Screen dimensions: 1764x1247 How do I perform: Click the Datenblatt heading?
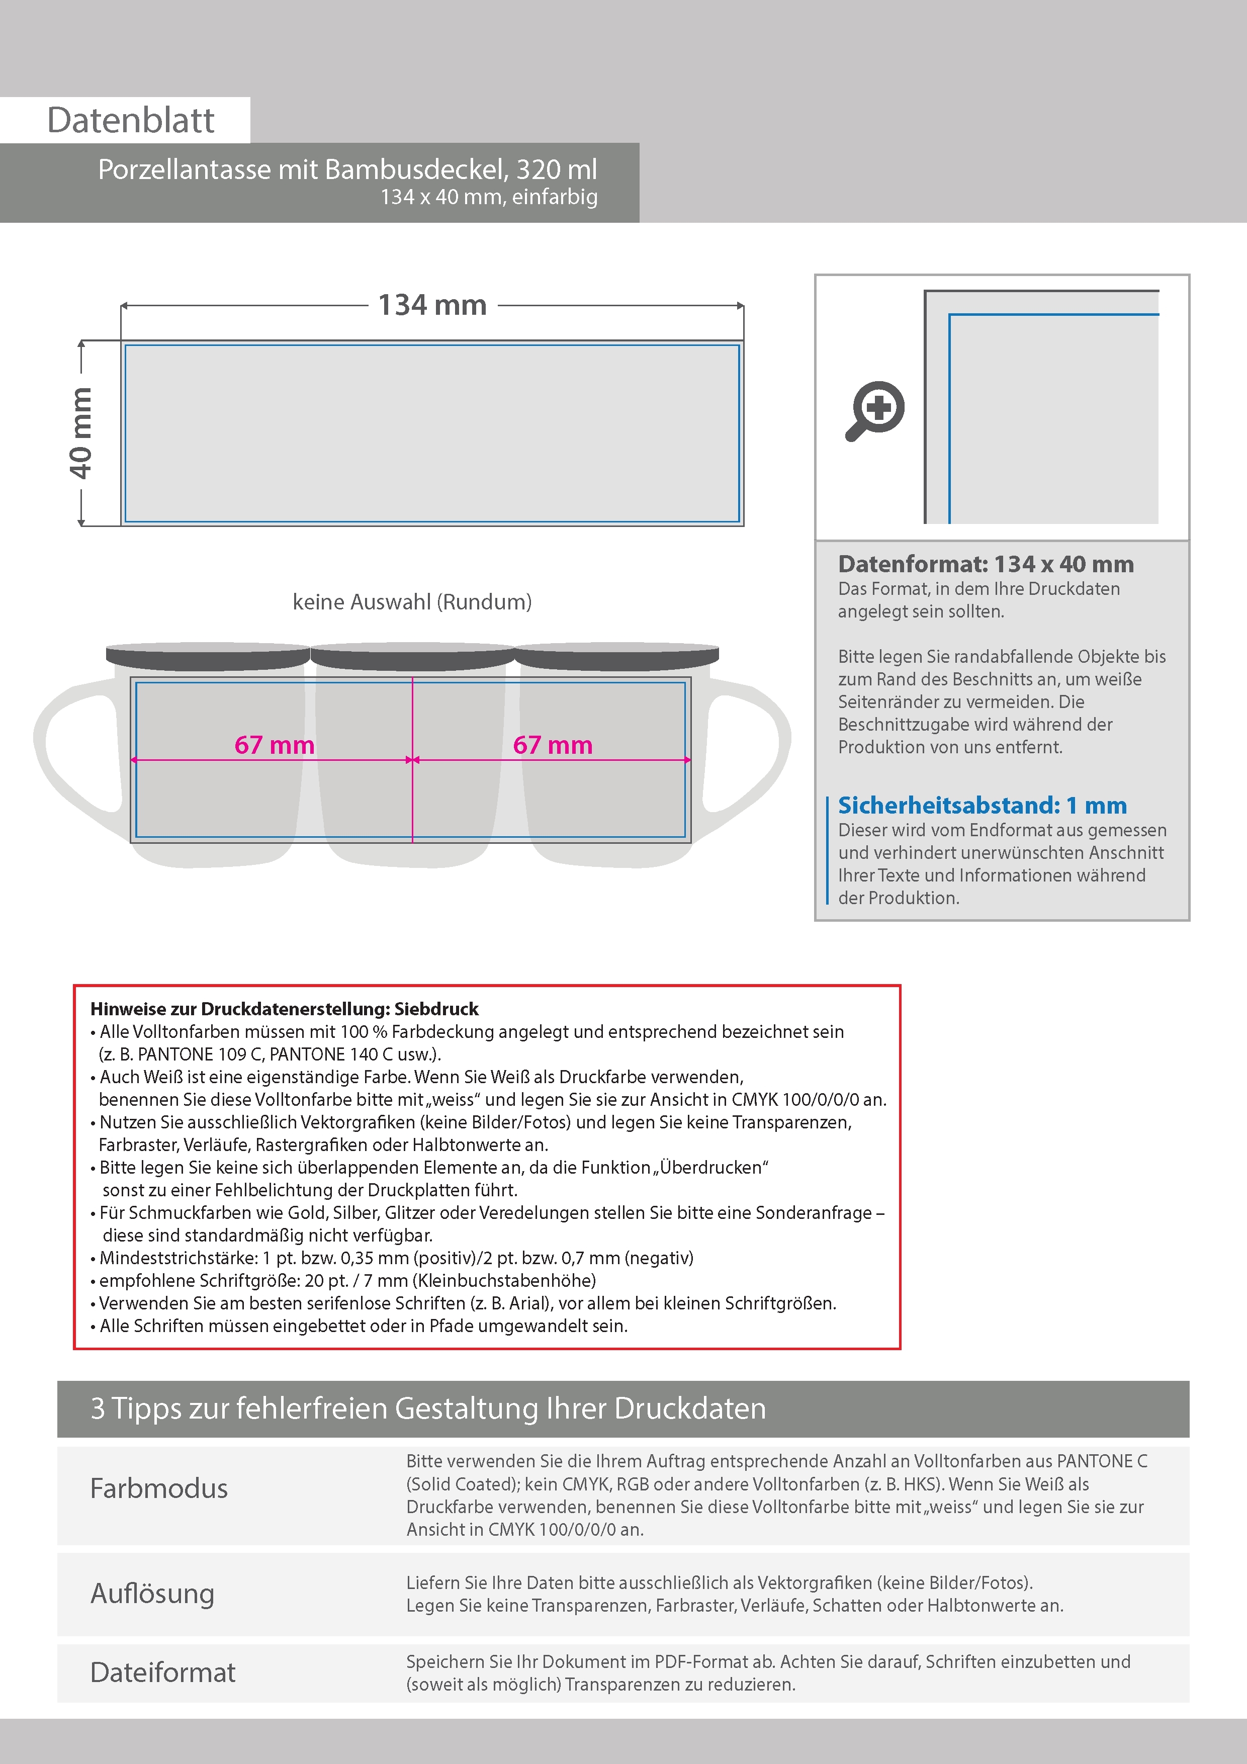pyautogui.click(x=131, y=121)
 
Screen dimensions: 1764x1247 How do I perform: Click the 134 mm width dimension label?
pyautogui.click(x=432, y=306)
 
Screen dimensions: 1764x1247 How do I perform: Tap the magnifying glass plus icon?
pyautogui.click(x=875, y=410)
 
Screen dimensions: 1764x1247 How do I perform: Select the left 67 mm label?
pyautogui.click(x=275, y=745)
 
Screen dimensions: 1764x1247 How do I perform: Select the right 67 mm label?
pyautogui.click(x=553, y=745)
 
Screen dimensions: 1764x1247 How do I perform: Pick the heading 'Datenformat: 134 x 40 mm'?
pyautogui.click(x=986, y=564)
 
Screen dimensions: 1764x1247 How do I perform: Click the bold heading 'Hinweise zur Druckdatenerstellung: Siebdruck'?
pyautogui.click(x=284, y=1009)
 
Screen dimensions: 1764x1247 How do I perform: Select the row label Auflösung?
pyautogui.click(x=152, y=1593)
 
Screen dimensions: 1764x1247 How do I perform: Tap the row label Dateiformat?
pyautogui.click(x=163, y=1672)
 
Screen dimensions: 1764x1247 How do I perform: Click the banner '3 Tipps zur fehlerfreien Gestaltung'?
pyautogui.click(x=428, y=1408)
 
